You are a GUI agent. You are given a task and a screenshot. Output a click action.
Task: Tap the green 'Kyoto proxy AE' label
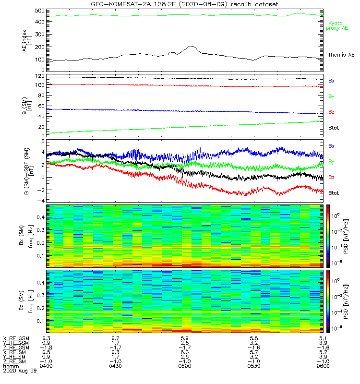[x=338, y=26]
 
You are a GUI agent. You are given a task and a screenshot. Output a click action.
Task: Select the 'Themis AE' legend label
[x=340, y=55]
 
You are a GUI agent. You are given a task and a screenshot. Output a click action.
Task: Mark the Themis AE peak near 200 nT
[x=192, y=47]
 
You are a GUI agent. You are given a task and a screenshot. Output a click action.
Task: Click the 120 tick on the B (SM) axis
[x=39, y=76]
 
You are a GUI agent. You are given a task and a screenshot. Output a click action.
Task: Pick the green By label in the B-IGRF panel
[x=331, y=161]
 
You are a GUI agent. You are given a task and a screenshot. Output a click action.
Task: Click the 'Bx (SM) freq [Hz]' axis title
[x=27, y=236]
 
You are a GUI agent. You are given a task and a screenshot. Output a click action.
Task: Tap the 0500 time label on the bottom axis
[x=184, y=366]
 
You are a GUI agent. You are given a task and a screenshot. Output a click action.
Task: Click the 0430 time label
[x=115, y=366]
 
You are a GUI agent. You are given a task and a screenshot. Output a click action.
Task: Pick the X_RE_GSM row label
[x=16, y=338]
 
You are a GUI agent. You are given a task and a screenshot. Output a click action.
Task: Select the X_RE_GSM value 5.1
[x=321, y=338]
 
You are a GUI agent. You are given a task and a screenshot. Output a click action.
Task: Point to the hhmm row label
[x=10, y=366]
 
